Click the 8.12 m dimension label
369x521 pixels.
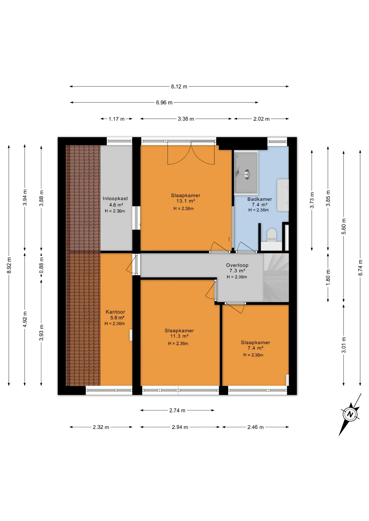pyautogui.click(x=179, y=87)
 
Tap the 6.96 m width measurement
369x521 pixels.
pyautogui.click(x=164, y=103)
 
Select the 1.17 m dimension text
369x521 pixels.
pyautogui.click(x=117, y=119)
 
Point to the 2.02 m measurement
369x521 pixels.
pyautogui.click(x=261, y=119)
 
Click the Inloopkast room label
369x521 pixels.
pyautogui.click(x=115, y=199)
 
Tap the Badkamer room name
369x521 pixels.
pyautogui.click(x=259, y=199)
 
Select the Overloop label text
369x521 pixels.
pyautogui.click(x=237, y=265)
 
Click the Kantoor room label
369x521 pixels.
pyautogui.click(x=115, y=312)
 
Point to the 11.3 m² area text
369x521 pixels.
pyautogui.click(x=179, y=336)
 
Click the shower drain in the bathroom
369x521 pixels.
pyautogui.click(x=247, y=174)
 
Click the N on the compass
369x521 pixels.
pyautogui.click(x=350, y=415)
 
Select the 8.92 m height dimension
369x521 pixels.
pyautogui.click(x=9, y=265)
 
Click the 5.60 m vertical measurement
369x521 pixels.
pyautogui.click(x=344, y=226)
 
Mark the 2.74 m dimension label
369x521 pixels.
pyautogui.click(x=177, y=411)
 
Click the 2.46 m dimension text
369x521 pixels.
pyautogui.click(x=255, y=427)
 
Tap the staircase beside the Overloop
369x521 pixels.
pyautogui.click(x=276, y=277)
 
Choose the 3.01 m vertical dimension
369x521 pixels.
pyautogui.click(x=344, y=345)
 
